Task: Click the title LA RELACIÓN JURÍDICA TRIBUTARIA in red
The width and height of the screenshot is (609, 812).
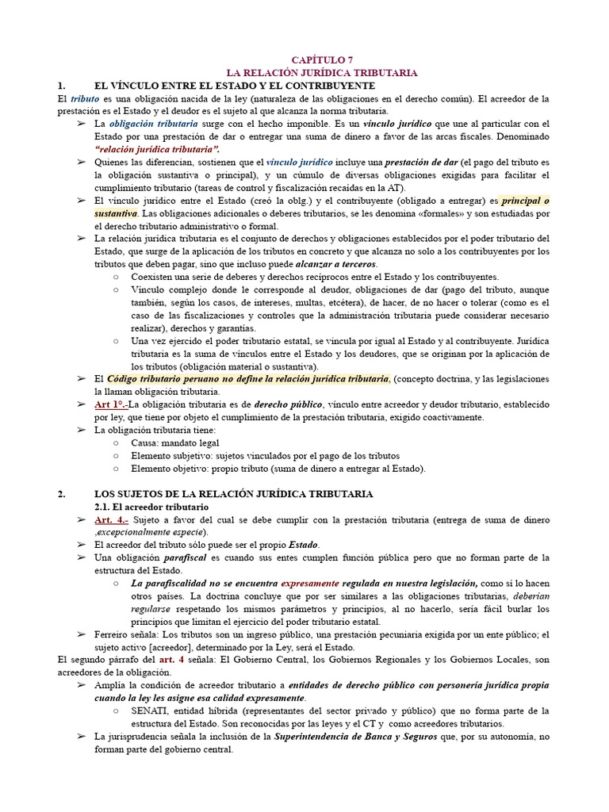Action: pos(322,73)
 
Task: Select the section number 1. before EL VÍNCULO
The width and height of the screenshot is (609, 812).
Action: pos(63,86)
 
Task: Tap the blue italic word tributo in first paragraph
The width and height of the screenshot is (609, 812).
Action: pos(85,98)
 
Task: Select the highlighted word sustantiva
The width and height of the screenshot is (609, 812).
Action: pos(116,213)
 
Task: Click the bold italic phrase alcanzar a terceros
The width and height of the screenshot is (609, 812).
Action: pos(337,264)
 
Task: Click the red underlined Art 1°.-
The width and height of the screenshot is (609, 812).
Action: pos(111,404)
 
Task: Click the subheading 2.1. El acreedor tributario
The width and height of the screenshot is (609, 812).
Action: pos(151,507)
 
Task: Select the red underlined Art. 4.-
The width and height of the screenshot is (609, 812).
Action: pos(111,519)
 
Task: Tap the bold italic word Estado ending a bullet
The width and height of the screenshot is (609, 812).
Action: pos(303,546)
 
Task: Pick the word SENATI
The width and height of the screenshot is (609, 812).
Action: pos(150,711)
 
